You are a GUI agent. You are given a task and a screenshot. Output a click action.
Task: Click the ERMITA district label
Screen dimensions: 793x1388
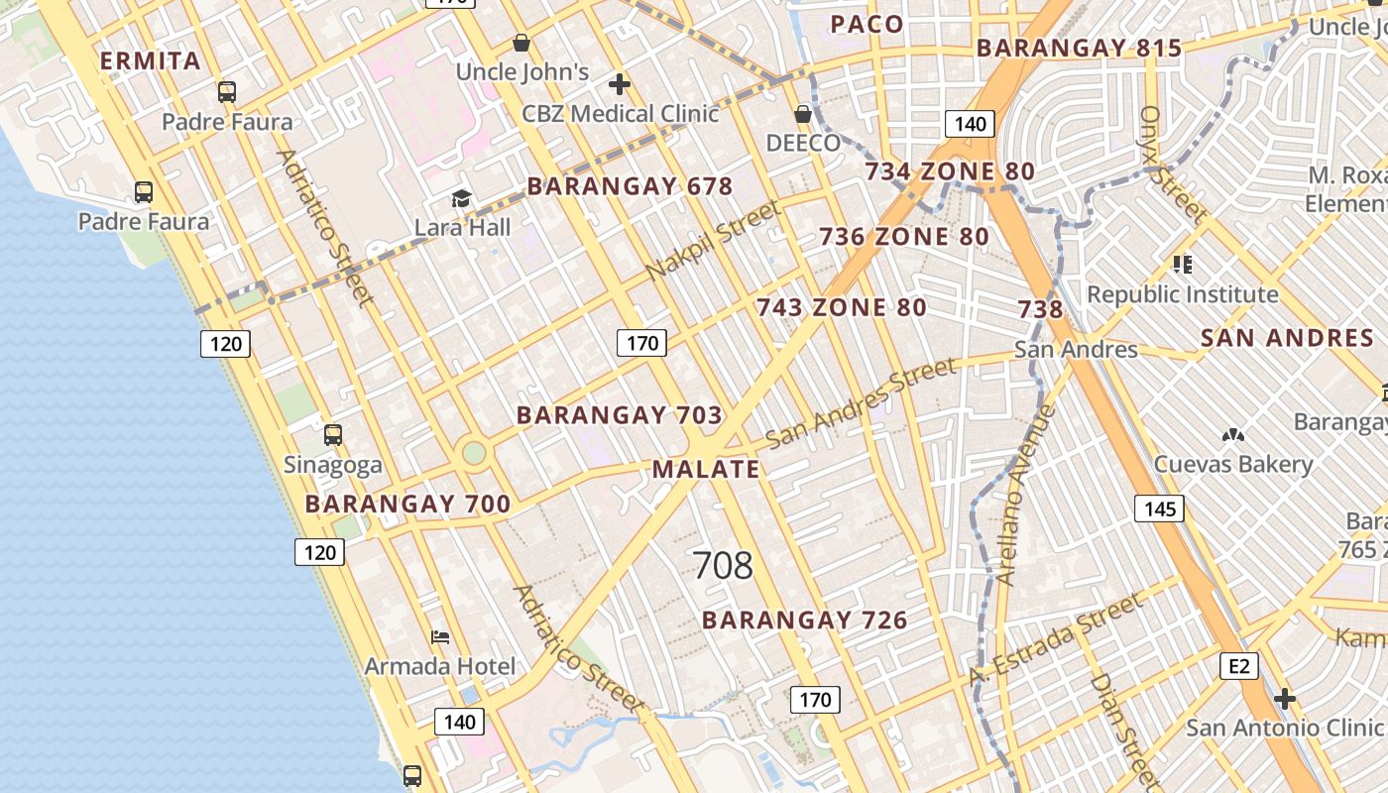[x=151, y=61]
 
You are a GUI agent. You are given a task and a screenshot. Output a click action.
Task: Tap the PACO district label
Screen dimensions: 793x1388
[x=867, y=25]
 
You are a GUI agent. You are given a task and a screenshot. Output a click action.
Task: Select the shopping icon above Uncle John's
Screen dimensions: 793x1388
[x=521, y=43]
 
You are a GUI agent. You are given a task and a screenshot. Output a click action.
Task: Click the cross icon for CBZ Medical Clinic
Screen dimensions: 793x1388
[x=621, y=84]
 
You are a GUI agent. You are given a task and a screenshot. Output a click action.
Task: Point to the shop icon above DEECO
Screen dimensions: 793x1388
[x=803, y=114]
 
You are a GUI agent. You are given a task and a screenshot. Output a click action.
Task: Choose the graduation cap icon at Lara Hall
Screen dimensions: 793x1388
[x=461, y=199]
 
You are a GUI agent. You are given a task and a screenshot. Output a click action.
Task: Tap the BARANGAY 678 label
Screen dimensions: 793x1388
[x=630, y=185]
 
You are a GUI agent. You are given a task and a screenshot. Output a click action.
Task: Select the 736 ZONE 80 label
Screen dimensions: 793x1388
[x=903, y=237]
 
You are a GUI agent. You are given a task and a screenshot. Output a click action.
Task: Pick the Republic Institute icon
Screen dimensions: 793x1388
[x=1182, y=265]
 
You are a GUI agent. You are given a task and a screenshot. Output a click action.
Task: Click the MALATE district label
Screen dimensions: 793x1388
[x=706, y=470]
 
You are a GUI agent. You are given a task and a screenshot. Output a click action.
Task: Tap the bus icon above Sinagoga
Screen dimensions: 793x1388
[x=333, y=435]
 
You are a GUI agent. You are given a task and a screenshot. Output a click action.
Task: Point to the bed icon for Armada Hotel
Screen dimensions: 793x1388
[x=440, y=636]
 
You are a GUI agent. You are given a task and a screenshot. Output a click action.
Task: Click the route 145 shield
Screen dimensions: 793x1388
[x=1159, y=510]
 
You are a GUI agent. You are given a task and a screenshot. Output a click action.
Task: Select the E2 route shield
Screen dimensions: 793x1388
[x=1239, y=666]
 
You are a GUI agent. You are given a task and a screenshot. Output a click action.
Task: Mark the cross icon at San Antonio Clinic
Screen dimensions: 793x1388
[x=1285, y=699]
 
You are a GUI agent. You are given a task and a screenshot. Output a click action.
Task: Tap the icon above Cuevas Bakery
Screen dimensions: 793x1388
[x=1233, y=435]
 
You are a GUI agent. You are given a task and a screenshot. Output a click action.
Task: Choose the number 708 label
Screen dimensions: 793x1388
[x=723, y=566]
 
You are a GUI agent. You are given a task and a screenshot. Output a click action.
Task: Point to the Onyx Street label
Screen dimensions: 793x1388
[x=1173, y=165]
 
